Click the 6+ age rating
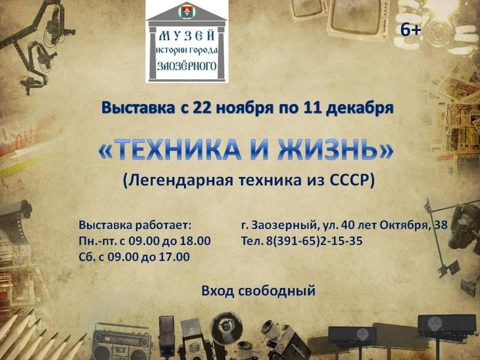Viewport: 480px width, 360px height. (x=411, y=30)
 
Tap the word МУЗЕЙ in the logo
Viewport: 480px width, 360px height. (x=186, y=36)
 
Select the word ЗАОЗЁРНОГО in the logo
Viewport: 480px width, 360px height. (x=186, y=65)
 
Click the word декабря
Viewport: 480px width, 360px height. (x=359, y=108)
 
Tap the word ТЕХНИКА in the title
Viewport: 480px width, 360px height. (x=177, y=149)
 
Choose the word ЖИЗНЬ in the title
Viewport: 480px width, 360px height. (x=327, y=149)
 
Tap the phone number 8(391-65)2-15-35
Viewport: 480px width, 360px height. (x=314, y=241)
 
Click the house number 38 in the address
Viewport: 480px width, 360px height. (x=441, y=225)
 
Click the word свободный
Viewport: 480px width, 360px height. (x=276, y=291)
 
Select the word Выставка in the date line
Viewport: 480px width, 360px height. (x=138, y=108)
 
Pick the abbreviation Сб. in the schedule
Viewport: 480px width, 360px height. (x=86, y=256)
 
